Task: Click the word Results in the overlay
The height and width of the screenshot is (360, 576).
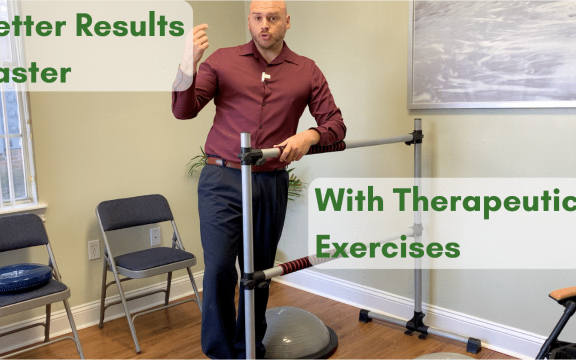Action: (134, 26)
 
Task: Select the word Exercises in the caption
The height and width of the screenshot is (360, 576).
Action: (387, 247)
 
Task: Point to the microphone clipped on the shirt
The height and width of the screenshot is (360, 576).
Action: (265, 77)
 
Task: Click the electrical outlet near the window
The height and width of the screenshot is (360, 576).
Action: (94, 250)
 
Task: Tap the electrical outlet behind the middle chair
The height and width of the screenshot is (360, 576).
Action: (155, 236)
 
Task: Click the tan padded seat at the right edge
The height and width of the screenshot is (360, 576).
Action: (564, 293)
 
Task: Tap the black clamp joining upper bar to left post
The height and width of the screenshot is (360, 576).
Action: (250, 156)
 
